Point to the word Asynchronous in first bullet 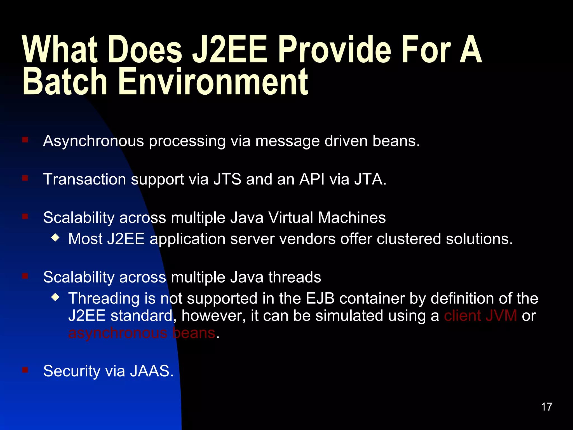(93, 141)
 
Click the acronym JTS (227, 179)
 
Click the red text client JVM (480, 316)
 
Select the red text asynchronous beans (142, 333)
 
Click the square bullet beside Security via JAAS (25, 370)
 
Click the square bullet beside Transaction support (25, 178)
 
